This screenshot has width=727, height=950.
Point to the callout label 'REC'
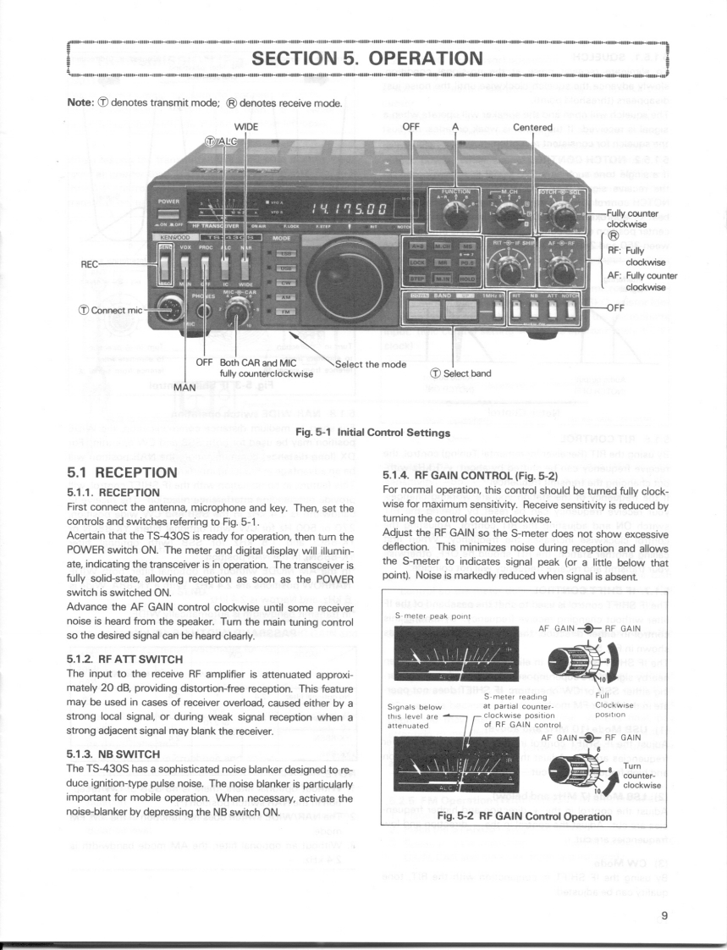(x=91, y=264)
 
